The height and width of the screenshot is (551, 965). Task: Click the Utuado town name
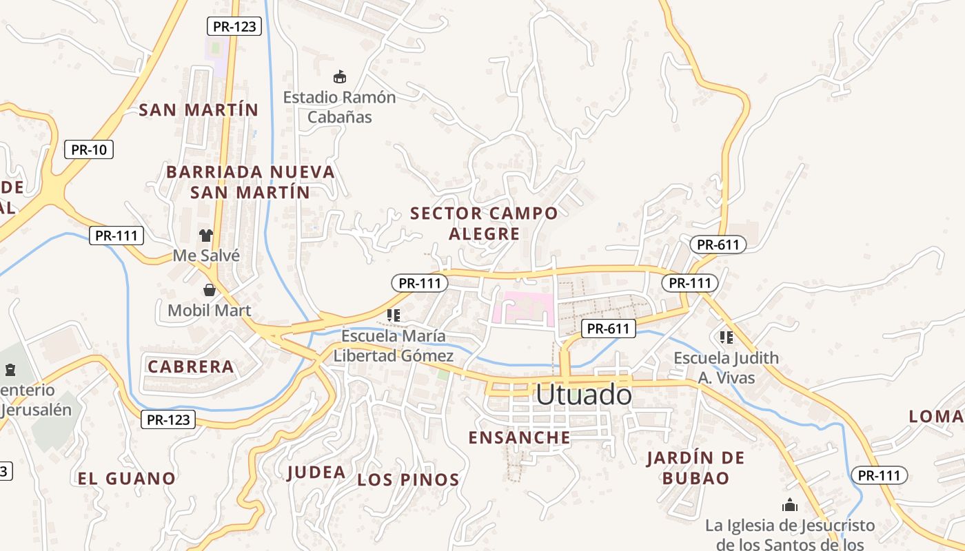coord(583,395)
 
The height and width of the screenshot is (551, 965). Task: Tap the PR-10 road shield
coord(89,149)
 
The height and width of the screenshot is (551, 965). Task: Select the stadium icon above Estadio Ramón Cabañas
coord(339,76)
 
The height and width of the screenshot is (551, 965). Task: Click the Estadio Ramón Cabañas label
coord(339,107)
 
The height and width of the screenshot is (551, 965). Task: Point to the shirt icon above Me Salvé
coord(206,235)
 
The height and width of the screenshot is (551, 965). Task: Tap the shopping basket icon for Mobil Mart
coord(210,290)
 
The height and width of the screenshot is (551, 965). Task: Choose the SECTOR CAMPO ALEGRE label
coord(484,223)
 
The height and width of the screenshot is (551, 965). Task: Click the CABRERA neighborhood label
coord(191,366)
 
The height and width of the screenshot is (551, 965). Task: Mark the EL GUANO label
coord(126,478)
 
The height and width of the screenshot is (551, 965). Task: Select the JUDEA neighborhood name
coord(316,472)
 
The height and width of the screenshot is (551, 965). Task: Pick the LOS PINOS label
coord(408,480)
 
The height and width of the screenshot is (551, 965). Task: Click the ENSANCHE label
coord(519,437)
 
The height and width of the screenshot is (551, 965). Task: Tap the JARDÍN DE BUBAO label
coord(696,468)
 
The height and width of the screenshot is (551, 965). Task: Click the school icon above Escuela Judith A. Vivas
coord(726,337)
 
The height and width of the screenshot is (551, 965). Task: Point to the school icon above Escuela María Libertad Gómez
coord(394,315)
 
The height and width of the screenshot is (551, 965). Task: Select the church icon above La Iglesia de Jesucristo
coord(790,506)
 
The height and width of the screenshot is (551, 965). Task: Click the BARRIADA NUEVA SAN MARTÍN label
coord(251,182)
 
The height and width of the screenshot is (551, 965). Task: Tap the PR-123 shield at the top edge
coord(234,27)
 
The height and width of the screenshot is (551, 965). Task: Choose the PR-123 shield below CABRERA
coord(168,419)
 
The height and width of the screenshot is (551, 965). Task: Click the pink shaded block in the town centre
coord(527,308)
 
